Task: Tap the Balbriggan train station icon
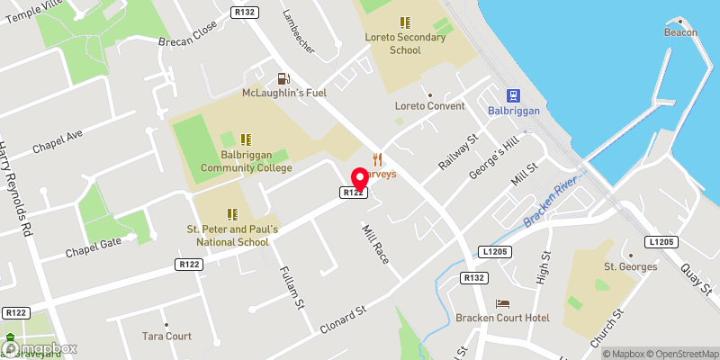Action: coord(512,95)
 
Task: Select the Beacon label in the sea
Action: coord(681,32)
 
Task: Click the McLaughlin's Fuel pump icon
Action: coord(283,78)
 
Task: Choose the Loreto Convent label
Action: coord(429,106)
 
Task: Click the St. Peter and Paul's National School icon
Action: coord(233,214)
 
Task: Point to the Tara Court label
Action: coord(166,336)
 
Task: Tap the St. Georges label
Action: coord(630,266)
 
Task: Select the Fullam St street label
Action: coord(289,287)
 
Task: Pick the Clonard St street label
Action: coord(345,320)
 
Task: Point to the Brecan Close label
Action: coord(188,53)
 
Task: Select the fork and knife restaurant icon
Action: coord(379,159)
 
